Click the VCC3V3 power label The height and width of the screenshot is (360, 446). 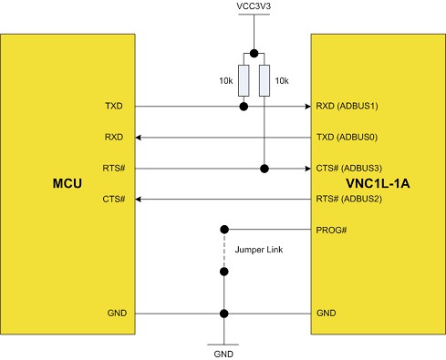click(x=253, y=7)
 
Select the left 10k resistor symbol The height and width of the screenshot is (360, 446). click(x=244, y=80)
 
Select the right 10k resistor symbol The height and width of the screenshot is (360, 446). click(x=264, y=80)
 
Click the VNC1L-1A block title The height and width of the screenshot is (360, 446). click(x=378, y=184)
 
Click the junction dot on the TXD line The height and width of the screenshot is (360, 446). click(x=244, y=107)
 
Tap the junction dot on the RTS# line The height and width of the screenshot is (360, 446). click(x=264, y=169)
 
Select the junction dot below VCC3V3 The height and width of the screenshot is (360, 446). click(x=254, y=53)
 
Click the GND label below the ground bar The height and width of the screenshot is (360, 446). click(x=223, y=351)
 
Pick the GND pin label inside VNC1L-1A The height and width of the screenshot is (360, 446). click(x=325, y=313)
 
